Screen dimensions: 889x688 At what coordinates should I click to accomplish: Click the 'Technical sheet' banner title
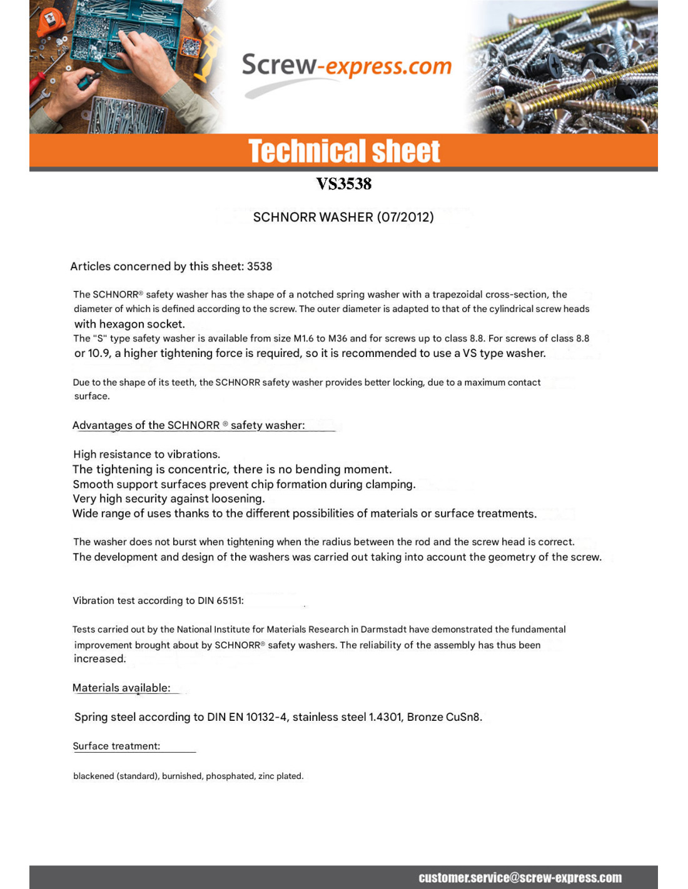(344, 151)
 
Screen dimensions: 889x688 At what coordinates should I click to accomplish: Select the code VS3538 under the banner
(343, 184)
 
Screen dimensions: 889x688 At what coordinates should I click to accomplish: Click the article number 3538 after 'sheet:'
(260, 266)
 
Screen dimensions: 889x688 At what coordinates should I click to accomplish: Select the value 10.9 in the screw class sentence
(99, 353)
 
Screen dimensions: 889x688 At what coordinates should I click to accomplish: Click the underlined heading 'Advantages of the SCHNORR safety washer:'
(188, 425)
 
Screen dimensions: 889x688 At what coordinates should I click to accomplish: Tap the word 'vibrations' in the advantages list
(193, 455)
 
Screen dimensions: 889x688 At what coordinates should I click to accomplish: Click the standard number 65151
(230, 601)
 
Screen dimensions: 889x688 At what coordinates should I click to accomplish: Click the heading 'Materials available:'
(121, 688)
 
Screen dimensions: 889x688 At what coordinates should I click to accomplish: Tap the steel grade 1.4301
(385, 717)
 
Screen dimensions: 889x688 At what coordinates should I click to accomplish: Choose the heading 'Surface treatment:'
(116, 746)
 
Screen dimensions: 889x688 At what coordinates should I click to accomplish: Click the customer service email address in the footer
(520, 878)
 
